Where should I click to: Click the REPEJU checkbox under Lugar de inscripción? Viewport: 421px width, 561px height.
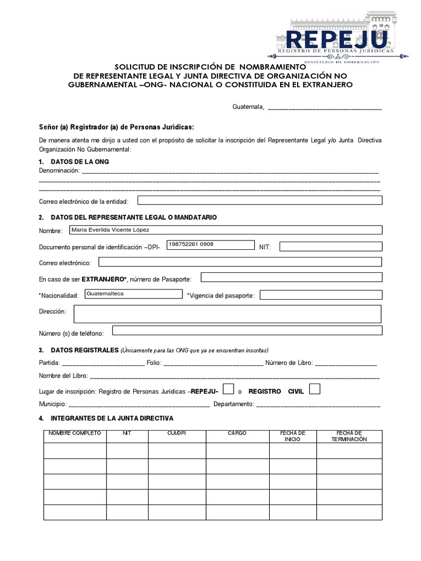(229, 390)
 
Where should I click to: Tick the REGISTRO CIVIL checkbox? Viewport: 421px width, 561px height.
(315, 389)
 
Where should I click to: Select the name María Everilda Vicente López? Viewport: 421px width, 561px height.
(114, 230)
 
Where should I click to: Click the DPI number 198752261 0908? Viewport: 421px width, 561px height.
(191, 244)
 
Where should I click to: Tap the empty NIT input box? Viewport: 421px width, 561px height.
(330, 247)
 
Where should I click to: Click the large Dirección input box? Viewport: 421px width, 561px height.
(227, 314)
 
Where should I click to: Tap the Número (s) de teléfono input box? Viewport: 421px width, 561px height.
(246, 331)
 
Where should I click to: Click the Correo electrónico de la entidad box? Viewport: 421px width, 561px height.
(259, 201)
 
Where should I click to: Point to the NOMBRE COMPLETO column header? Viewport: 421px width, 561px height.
(75, 433)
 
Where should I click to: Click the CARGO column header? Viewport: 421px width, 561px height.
(237, 433)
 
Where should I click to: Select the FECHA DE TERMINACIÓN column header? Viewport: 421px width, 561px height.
(349, 436)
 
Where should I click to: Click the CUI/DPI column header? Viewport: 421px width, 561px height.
(177, 433)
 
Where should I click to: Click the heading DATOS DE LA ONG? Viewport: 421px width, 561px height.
(80, 162)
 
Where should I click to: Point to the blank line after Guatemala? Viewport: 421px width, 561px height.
(324, 108)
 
